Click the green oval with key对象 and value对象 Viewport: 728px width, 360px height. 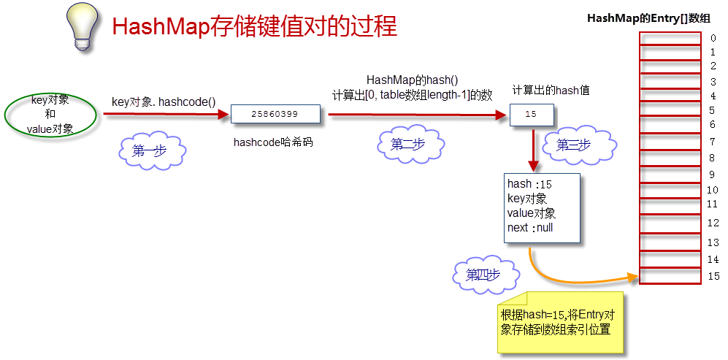(50, 115)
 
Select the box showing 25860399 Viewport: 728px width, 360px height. (275, 114)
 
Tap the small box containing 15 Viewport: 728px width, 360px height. (531, 115)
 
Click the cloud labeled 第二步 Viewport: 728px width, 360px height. (408, 145)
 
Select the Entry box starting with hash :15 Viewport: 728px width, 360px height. (543, 207)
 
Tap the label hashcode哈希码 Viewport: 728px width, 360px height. (273, 142)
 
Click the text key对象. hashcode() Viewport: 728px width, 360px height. (164, 102)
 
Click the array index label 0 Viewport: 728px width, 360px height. (713, 38)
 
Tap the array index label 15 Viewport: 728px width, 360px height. (713, 276)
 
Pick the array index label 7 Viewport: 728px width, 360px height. (713, 140)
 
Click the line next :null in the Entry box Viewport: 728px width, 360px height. (530, 228)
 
